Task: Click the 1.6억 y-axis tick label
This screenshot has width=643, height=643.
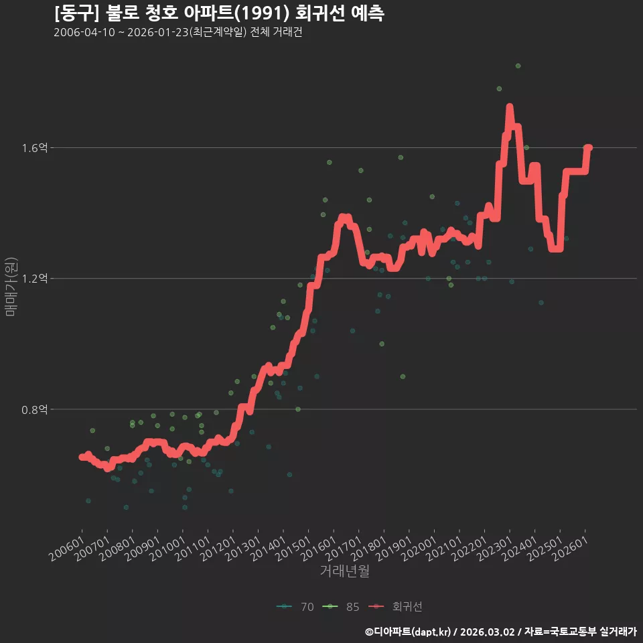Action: pos(34,147)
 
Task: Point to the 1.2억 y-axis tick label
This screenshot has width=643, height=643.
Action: pos(34,279)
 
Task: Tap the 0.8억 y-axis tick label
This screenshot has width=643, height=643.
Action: pos(34,409)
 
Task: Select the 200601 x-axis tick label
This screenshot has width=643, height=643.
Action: pos(67,549)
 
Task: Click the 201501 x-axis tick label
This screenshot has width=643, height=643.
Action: pos(293,549)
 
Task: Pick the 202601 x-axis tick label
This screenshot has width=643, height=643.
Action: pos(570,549)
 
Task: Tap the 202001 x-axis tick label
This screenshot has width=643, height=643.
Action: pos(419,549)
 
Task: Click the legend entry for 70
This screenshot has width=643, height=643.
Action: pos(295,607)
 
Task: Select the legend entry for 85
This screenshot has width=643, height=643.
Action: pos(341,607)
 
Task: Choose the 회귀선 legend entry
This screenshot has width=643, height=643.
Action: pos(395,607)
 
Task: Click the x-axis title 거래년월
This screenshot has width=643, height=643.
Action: pos(344,571)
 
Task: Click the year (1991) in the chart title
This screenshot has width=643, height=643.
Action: pos(264,13)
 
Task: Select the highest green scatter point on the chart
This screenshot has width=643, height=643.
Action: pos(518,66)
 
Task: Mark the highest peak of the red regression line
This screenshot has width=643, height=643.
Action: pos(510,106)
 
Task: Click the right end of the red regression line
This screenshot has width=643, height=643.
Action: pos(589,147)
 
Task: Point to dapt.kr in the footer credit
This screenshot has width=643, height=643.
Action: pos(432,632)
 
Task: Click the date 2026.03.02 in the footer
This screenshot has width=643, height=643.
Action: pos(487,632)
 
